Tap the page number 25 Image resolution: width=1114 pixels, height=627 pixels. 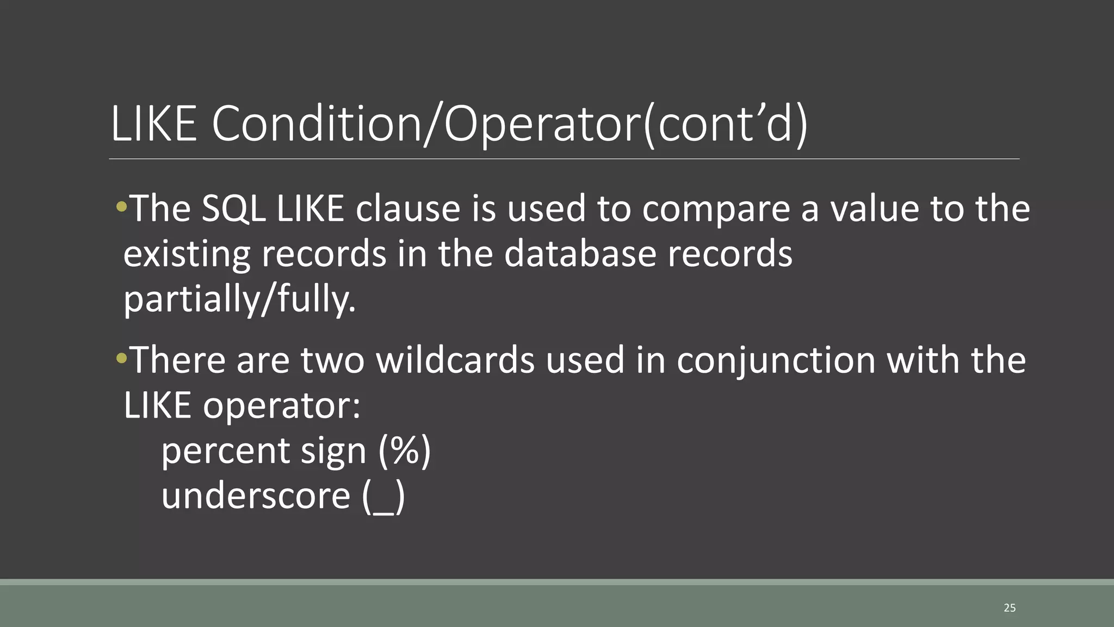1010,608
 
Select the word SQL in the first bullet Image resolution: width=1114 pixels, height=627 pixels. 233,208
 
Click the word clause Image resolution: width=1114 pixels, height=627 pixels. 408,208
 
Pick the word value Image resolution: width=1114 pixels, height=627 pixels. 875,208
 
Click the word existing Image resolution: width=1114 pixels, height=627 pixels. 187,255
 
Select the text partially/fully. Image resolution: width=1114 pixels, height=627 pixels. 239,300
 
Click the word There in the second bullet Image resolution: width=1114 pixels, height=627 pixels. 178,360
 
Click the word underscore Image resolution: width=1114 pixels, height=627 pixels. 256,496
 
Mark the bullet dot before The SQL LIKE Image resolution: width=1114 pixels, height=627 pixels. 121,206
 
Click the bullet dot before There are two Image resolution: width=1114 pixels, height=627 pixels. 121,358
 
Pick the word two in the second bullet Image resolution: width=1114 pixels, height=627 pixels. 332,360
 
